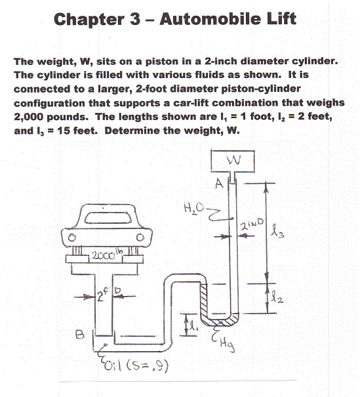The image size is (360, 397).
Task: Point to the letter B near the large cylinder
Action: pos(79,334)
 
